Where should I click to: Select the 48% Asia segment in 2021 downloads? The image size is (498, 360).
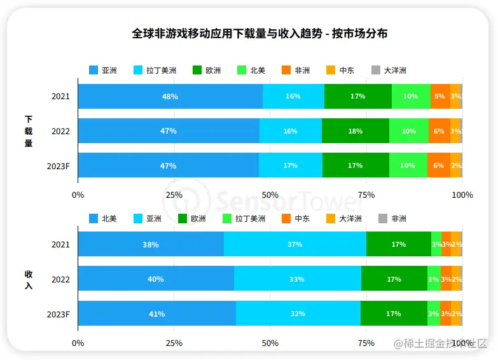pos(170,97)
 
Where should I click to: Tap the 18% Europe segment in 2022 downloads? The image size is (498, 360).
pos(355,131)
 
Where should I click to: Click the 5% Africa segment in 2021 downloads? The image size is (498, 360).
pos(439,97)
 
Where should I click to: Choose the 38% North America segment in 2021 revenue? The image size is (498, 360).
pos(151,244)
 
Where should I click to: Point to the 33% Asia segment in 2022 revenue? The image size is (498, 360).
pos(297,279)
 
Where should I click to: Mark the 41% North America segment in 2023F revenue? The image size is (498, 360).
pos(156,314)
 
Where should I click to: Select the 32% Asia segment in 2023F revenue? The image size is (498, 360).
pos(298,314)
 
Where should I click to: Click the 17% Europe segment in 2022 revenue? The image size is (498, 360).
pos(394,279)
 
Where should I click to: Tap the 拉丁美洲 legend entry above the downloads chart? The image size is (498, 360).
pos(153,70)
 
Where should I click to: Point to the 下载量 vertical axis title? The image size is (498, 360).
pos(29,131)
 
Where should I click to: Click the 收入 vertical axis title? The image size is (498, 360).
pos(29,279)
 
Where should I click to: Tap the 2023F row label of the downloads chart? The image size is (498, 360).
pos(59,166)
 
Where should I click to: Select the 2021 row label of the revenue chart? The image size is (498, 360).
pos(60,245)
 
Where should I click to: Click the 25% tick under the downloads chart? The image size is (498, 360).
pos(174,195)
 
